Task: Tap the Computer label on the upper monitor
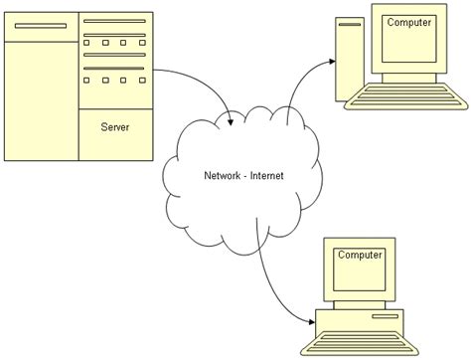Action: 408,22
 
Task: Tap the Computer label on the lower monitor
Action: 360,256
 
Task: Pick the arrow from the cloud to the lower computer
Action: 273,288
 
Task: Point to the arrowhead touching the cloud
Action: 231,121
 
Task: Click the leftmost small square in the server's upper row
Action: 87,44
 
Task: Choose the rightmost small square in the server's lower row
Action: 139,81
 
